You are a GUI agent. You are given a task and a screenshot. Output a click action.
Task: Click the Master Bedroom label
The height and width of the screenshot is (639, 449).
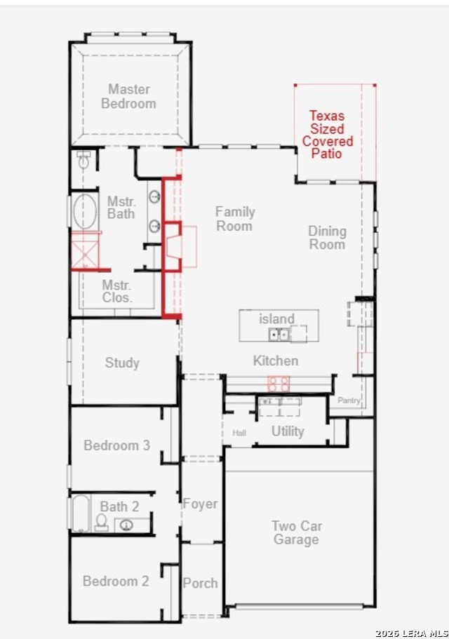(129, 96)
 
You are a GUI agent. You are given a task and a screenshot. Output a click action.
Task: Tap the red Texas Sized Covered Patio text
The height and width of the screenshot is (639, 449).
(327, 135)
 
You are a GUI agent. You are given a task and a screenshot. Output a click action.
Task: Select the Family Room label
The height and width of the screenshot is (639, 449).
(235, 219)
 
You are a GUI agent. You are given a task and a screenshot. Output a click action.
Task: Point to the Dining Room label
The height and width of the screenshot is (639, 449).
(327, 238)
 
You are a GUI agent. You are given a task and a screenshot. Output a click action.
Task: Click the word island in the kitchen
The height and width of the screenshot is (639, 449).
(276, 318)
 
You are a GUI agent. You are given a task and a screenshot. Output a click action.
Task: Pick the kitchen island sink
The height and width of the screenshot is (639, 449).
(279, 335)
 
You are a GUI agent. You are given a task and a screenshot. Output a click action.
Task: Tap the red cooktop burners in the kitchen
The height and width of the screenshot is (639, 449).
(279, 384)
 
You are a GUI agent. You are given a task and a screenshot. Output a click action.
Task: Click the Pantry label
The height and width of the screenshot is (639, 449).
(349, 401)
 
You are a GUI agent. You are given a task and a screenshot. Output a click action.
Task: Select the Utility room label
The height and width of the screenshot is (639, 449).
(288, 431)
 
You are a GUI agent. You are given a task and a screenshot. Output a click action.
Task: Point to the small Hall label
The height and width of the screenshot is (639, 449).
(239, 433)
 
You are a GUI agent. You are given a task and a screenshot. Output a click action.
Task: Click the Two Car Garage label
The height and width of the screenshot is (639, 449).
(297, 532)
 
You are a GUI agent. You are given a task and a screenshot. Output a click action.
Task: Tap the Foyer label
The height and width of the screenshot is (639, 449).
(200, 504)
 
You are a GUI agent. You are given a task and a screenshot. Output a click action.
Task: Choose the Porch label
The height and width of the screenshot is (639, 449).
(200, 583)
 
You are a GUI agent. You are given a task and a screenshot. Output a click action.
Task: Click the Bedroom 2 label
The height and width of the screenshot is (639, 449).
(116, 581)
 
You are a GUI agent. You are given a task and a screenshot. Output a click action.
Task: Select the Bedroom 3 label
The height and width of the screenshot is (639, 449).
(117, 445)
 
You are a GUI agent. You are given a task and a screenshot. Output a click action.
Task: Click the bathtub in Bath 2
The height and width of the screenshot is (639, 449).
(81, 513)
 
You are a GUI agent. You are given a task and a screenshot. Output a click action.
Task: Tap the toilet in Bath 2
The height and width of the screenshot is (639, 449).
(102, 522)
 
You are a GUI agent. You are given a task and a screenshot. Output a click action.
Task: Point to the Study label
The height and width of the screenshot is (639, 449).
(122, 363)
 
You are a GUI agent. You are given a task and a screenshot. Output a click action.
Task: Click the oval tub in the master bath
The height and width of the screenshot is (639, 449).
(85, 211)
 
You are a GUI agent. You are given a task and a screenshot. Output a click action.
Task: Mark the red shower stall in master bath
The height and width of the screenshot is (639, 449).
(85, 251)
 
